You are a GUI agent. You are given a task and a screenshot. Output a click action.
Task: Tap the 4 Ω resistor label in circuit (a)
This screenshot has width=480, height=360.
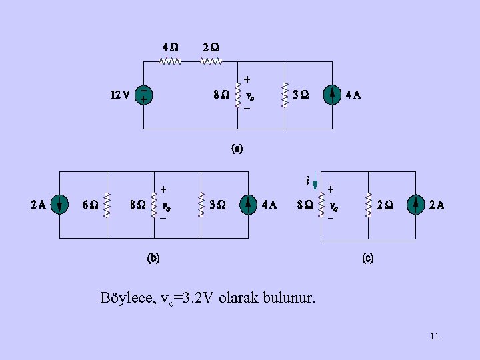pyautogui.click(x=171, y=48)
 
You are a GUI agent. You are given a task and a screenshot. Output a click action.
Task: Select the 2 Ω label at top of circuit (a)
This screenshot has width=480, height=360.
pyautogui.click(x=211, y=48)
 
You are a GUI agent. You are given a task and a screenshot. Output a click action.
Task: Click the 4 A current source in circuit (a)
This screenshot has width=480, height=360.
pyautogui.click(x=332, y=95)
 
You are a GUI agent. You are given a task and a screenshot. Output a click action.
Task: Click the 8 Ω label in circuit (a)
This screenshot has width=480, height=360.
pyautogui.click(x=221, y=95)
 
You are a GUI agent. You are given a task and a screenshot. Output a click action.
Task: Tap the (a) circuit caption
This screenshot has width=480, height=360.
pyautogui.click(x=237, y=149)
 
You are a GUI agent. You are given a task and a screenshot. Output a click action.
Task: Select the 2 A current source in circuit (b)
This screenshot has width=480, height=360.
pyautogui.click(x=59, y=205)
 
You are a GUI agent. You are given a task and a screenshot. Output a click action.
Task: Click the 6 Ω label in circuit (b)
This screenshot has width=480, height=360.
pyautogui.click(x=90, y=205)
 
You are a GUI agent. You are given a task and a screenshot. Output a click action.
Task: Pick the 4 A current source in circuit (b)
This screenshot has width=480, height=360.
pyautogui.click(x=249, y=205)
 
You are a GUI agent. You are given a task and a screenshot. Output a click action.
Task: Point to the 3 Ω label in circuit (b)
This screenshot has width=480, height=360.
pyautogui.click(x=217, y=205)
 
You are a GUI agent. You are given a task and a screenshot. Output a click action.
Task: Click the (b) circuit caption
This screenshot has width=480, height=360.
pyautogui.click(x=153, y=258)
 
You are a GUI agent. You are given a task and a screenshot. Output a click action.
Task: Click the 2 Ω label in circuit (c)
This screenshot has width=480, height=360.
pyautogui.click(x=385, y=205)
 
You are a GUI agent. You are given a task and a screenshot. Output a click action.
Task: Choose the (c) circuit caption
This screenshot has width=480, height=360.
pyautogui.click(x=367, y=258)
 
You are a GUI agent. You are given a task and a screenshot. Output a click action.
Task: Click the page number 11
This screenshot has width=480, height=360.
pyautogui.click(x=434, y=336)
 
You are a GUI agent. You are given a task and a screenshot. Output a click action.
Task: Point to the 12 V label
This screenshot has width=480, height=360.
pyautogui.click(x=120, y=95)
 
